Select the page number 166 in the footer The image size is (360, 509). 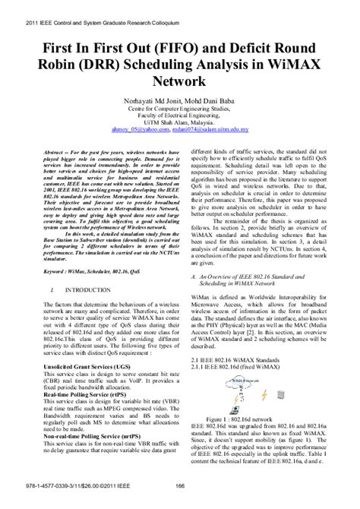(180, 497)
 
